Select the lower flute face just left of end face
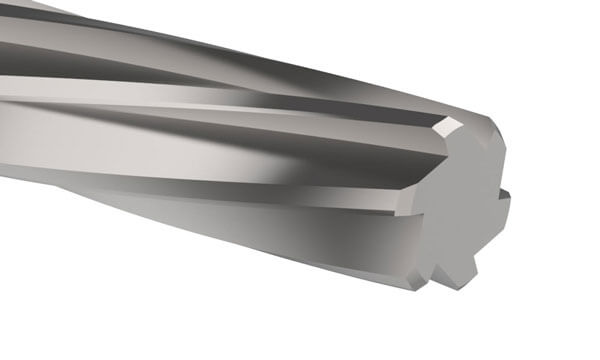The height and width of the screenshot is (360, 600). (380, 225)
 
